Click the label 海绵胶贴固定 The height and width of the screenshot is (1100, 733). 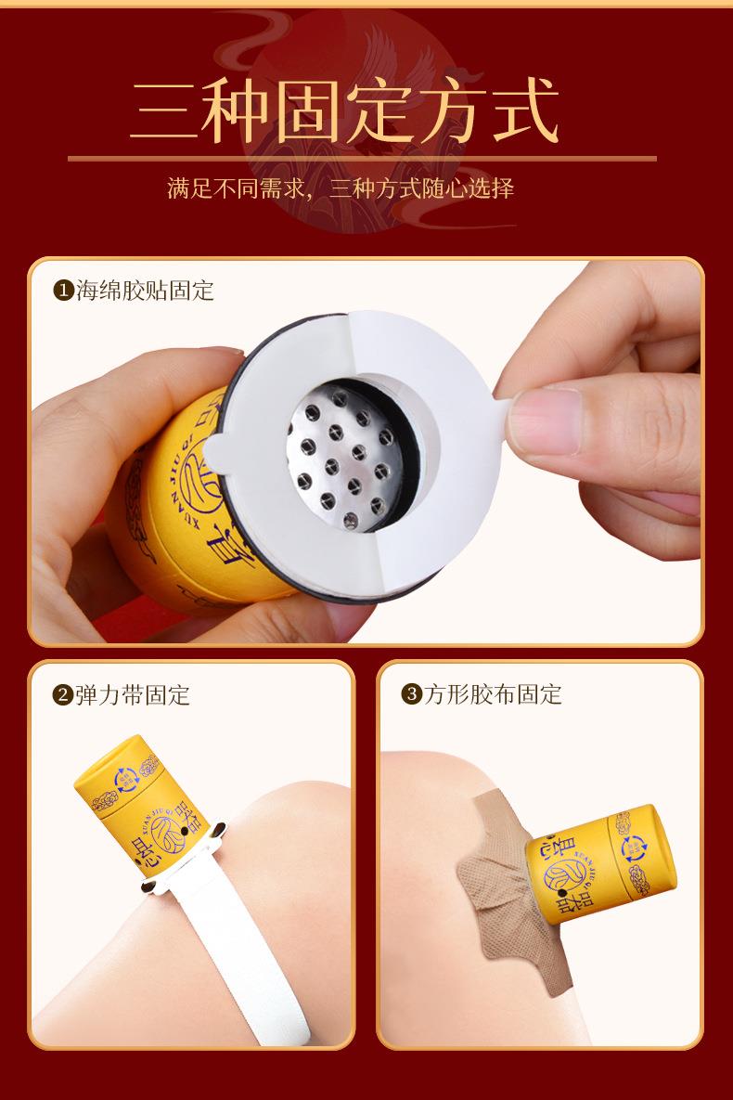tap(145, 291)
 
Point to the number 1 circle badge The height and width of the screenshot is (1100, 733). tap(63, 291)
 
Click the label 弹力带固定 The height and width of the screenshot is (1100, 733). tap(133, 694)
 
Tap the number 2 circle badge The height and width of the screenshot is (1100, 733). tap(63, 694)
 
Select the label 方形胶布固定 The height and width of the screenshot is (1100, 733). tap(493, 694)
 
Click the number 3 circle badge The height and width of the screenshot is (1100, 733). tap(411, 694)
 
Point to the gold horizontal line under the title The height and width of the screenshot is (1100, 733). tap(362, 159)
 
